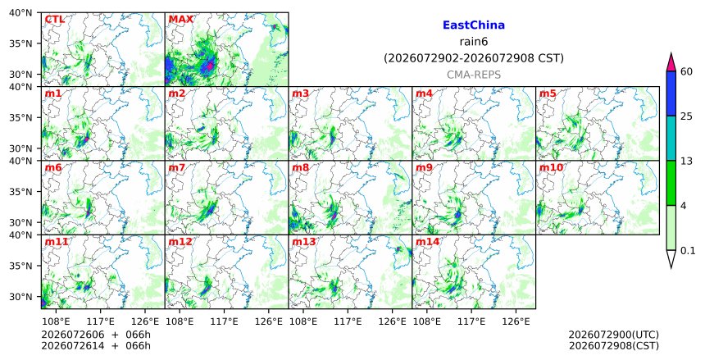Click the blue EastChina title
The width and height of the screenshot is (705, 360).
474,25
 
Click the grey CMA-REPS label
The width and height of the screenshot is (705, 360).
474,75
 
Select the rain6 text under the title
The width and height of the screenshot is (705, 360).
474,42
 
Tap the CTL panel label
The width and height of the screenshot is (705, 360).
54,20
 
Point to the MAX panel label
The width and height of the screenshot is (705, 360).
180,20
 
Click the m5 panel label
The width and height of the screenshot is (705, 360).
548,93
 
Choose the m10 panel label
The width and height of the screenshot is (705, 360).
551,168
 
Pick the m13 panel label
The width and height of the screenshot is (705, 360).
304,242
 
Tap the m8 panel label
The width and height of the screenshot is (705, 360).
301,168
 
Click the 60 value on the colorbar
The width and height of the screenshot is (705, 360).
686,71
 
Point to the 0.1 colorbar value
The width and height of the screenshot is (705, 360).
688,251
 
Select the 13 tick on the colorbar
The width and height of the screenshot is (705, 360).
686,161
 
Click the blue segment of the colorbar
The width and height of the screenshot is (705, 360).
671,93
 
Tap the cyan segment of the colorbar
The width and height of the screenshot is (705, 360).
671,138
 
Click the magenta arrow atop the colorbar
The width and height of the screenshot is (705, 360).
671,62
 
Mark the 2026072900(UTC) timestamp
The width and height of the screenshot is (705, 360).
614,335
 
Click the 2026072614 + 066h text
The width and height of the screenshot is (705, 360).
96,345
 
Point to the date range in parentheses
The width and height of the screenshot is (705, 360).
474,58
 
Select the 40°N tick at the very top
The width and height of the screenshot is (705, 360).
20,12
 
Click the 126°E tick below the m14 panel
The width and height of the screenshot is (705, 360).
516,321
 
